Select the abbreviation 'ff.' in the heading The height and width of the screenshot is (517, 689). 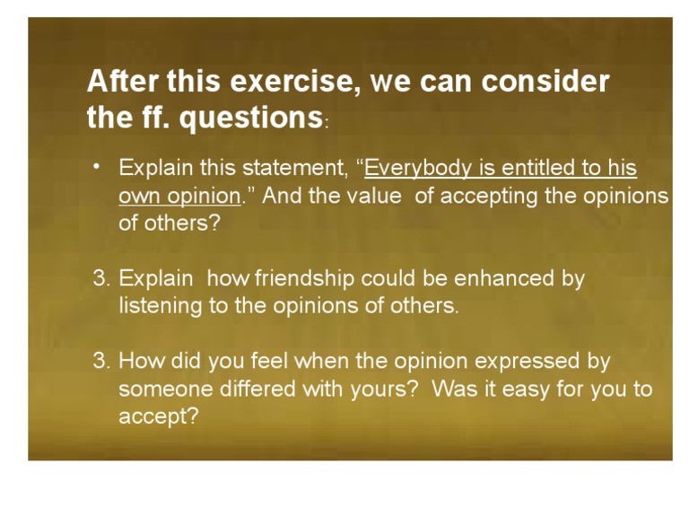(x=156, y=117)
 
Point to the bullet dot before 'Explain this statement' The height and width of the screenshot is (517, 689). (x=96, y=167)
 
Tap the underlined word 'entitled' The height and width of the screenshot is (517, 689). (x=538, y=168)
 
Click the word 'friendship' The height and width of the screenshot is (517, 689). (x=304, y=279)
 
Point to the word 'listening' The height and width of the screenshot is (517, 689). (x=161, y=306)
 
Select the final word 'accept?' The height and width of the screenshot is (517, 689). (x=159, y=416)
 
